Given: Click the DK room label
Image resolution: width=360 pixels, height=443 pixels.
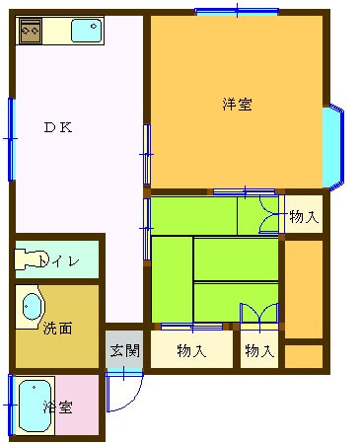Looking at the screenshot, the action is (x=58, y=127).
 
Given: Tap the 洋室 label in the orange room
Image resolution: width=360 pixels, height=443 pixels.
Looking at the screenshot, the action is (x=237, y=105).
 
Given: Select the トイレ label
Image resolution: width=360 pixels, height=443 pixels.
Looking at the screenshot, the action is (x=59, y=260).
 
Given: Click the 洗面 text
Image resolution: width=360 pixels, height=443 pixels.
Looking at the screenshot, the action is (x=57, y=328).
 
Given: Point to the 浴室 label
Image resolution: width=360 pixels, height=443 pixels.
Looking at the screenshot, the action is (x=58, y=407).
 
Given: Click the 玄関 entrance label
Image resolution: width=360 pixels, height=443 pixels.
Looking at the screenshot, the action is (x=124, y=350).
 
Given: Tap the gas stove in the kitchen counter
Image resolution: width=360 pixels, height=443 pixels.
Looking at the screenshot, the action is (x=31, y=31).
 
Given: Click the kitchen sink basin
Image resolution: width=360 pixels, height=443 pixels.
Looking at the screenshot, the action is (x=87, y=31).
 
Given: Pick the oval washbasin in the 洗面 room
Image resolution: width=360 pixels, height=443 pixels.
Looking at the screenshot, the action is (x=32, y=306).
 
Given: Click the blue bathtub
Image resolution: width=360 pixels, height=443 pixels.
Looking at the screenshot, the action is (x=35, y=406).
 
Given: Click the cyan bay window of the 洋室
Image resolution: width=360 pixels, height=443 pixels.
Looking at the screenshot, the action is (x=332, y=147).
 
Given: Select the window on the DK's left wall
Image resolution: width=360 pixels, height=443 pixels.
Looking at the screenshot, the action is (x=12, y=139).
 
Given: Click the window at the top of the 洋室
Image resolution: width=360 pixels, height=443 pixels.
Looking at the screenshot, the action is (x=237, y=11).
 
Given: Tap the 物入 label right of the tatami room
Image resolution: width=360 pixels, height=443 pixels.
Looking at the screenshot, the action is (x=304, y=217).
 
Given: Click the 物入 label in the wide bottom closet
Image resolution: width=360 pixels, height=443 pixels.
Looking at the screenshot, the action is (x=191, y=350).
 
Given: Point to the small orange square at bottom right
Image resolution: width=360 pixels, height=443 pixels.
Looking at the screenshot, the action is (x=304, y=356).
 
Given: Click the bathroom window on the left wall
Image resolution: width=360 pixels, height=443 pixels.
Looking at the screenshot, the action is (x=11, y=405).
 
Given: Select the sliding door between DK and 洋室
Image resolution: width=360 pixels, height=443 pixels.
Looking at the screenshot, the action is (x=147, y=154).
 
